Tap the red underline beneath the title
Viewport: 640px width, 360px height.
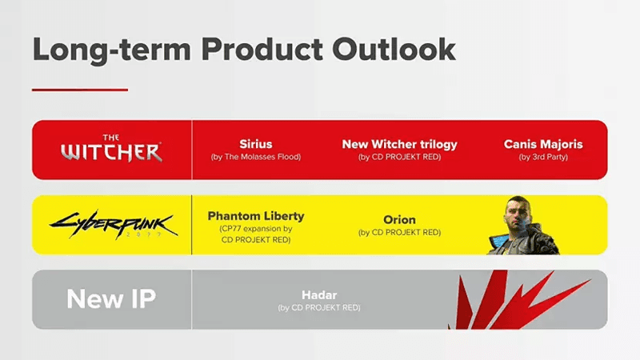(x=79, y=90)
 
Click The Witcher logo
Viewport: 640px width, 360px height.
(x=111, y=150)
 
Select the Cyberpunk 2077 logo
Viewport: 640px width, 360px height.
(x=111, y=225)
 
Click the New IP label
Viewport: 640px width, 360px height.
(x=111, y=299)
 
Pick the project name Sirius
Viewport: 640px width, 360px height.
(x=256, y=144)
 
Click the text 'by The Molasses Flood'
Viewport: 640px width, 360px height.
(x=256, y=157)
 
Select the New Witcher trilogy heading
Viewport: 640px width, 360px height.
(x=399, y=144)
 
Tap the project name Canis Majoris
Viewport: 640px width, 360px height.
(x=543, y=144)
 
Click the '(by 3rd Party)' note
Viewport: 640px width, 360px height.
(x=543, y=157)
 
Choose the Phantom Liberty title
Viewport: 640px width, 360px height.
(x=256, y=216)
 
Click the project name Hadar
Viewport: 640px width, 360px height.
(x=319, y=294)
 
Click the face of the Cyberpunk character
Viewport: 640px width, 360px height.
(x=515, y=213)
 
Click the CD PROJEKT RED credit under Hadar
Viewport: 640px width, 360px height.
(x=319, y=307)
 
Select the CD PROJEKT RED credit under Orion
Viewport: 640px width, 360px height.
(x=399, y=233)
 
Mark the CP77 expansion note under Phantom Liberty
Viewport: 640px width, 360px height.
(x=256, y=230)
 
